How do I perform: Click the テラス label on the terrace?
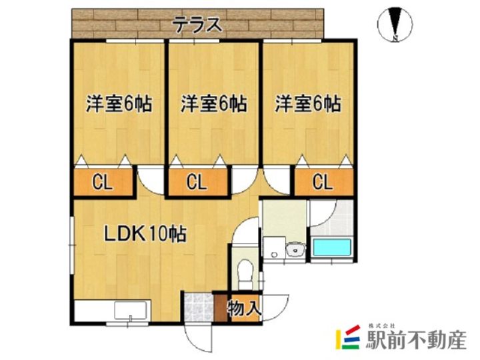pyautogui.click(x=197, y=25)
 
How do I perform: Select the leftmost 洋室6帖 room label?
pyautogui.click(x=119, y=104)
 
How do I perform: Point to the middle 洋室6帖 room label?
pyautogui.click(x=214, y=104)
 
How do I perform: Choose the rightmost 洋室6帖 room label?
pyautogui.click(x=309, y=104)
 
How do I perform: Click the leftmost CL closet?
pyautogui.click(x=102, y=182)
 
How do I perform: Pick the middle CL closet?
pyautogui.click(x=197, y=182)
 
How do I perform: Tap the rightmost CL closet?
pyautogui.click(x=323, y=182)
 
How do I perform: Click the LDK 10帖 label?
pyautogui.click(x=144, y=234)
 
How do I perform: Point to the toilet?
pyautogui.click(x=245, y=270)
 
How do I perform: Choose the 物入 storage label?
pyautogui.click(x=244, y=309)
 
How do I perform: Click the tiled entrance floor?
pyautogui.click(x=198, y=308)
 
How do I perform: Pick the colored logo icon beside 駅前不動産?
pyautogui.click(x=348, y=339)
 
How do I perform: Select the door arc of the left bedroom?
pyautogui.click(x=151, y=181)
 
